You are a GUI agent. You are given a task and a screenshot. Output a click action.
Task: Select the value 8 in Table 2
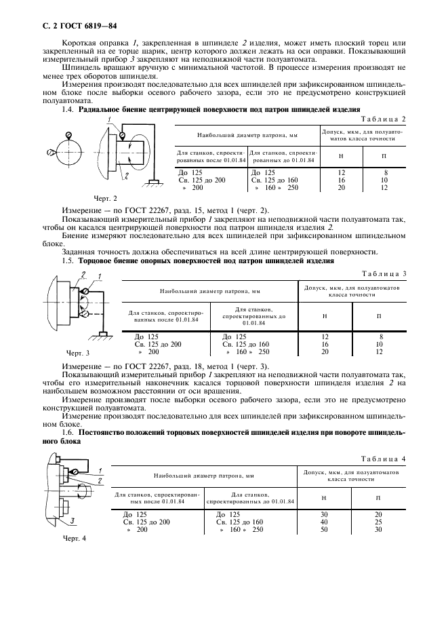click(384, 172)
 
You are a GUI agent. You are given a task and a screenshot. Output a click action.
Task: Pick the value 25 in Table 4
click(378, 521)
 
